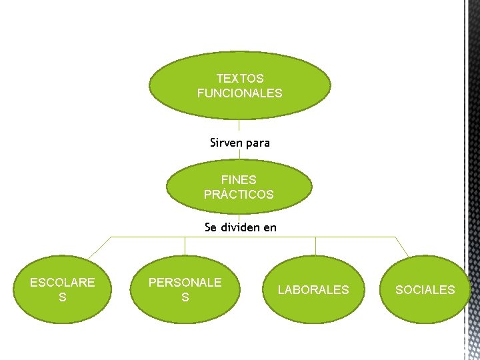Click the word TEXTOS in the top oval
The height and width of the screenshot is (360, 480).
pyautogui.click(x=240, y=79)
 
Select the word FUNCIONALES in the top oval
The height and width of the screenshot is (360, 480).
pyautogui.click(x=240, y=93)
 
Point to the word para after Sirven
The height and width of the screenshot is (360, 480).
pyautogui.click(x=258, y=143)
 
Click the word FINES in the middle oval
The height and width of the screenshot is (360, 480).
pyautogui.click(x=239, y=180)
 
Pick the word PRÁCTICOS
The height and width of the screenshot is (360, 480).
pyautogui.click(x=239, y=195)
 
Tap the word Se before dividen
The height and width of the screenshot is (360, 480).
pyautogui.click(x=211, y=227)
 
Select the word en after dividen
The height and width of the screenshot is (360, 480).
pyautogui.click(x=270, y=228)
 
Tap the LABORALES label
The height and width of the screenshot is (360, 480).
pyautogui.click(x=313, y=290)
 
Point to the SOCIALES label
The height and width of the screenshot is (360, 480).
pyautogui.click(x=425, y=290)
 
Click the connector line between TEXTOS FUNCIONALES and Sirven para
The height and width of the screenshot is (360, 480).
pyautogui.click(x=239, y=127)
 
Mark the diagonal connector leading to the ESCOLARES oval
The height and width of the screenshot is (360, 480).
pyautogui.click(x=99, y=247)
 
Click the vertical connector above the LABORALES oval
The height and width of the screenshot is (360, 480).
pyautogui.click(x=316, y=246)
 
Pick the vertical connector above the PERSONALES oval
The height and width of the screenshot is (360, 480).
pyautogui.click(x=185, y=246)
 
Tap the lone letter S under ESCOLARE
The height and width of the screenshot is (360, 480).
pyautogui.click(x=63, y=297)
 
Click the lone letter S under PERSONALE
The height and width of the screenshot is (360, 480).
pyautogui.click(x=185, y=297)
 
